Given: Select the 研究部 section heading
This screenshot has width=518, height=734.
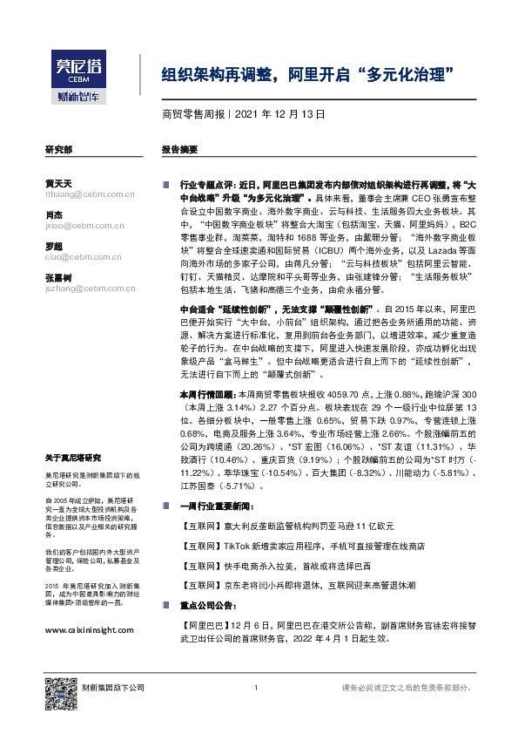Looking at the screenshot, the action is [58, 150].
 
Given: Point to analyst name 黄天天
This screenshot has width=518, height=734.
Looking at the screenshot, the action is [58, 184].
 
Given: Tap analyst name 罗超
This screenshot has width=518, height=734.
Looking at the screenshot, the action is [53, 247].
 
